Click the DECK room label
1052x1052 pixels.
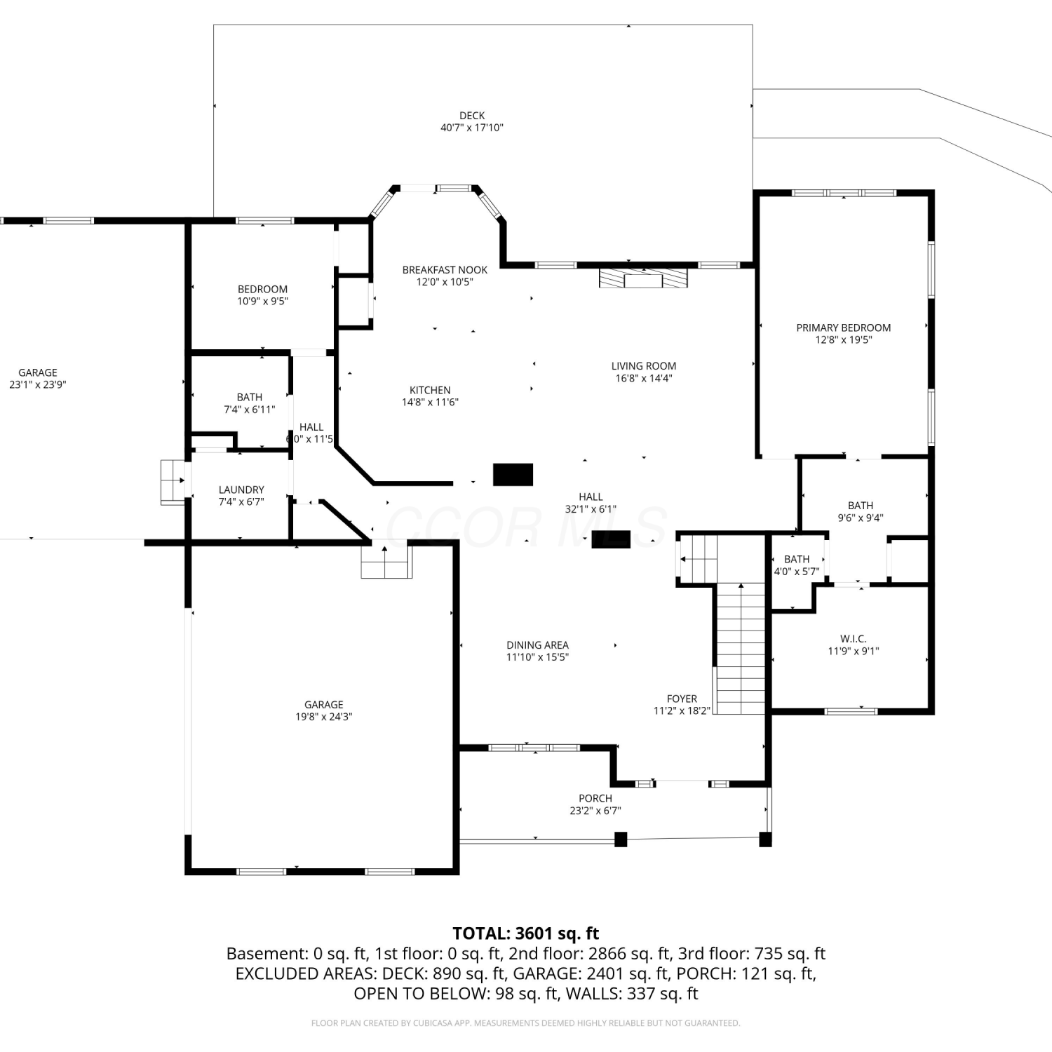tap(472, 116)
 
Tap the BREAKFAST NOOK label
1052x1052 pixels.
tap(445, 270)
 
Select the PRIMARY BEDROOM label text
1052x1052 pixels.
tap(843, 328)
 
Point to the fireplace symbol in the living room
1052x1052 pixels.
tap(643, 278)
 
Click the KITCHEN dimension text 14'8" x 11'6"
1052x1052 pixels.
tap(430, 402)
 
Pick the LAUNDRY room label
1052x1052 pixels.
tap(241, 490)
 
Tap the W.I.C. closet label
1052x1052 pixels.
tap(854, 639)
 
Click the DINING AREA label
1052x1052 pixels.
tap(538, 645)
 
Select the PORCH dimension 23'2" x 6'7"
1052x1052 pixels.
tap(595, 811)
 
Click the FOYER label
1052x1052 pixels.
tap(682, 699)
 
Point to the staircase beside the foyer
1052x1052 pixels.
tap(741, 649)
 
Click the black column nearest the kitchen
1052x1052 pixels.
tap(513, 475)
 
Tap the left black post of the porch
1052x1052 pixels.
tap(620, 839)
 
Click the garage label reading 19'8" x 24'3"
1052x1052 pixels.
tap(323, 717)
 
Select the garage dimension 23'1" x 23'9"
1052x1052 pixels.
tap(38, 384)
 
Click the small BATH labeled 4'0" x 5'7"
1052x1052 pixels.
tap(797, 559)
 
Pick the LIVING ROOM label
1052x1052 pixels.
tap(644, 366)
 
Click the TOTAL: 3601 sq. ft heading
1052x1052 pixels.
tap(526, 933)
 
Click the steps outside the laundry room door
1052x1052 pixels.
tap(173, 482)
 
